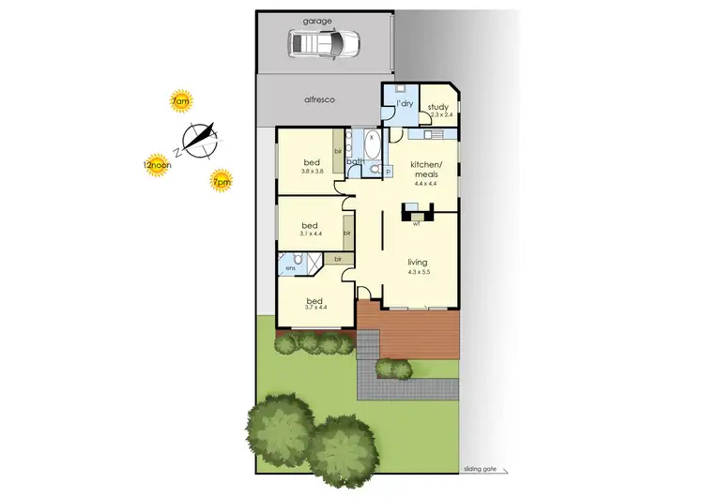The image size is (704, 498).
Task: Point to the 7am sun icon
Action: [x=180, y=101]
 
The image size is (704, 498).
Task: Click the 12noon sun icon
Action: [x=157, y=165]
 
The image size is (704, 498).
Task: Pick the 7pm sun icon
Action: [x=222, y=181]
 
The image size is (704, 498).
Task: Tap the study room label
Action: [x=438, y=107]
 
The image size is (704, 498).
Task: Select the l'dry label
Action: [x=406, y=103]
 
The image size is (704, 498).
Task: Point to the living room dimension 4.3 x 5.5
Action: [x=419, y=272]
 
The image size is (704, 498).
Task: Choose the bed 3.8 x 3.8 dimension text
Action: [x=313, y=171]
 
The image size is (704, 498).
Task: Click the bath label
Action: [x=355, y=161]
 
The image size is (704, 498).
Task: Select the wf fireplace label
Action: [x=415, y=224]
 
